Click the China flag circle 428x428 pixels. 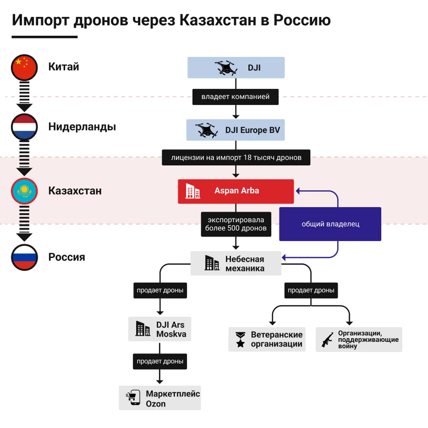pyautogui.click(x=24, y=67)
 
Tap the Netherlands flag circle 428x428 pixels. pyautogui.click(x=24, y=127)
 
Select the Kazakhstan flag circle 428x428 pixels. pyautogui.click(x=24, y=191)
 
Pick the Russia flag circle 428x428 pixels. pyautogui.click(x=24, y=257)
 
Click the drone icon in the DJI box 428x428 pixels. pyautogui.click(x=226, y=68)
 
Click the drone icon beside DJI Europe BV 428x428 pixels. pyautogui.click(x=207, y=130)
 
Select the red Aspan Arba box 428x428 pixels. pyautogui.click(x=236, y=191)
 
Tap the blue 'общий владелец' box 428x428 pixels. pyautogui.click(x=330, y=224)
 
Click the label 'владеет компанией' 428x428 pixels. pyautogui.click(x=235, y=97)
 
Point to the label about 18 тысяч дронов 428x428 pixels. pyautogui.click(x=236, y=157)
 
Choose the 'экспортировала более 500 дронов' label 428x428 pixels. pyautogui.click(x=236, y=224)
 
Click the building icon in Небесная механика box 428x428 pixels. pyautogui.click(x=212, y=263)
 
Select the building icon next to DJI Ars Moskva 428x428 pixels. pyautogui.click(x=143, y=328)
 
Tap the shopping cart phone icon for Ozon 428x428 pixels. pyautogui.click(x=133, y=397)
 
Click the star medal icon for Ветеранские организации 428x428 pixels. pyautogui.click(x=241, y=340)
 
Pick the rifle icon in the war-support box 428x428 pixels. pyautogui.click(x=327, y=340)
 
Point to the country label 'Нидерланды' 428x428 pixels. pyautogui.click(x=82, y=127)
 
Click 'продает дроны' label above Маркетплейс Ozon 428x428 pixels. pyautogui.click(x=160, y=361)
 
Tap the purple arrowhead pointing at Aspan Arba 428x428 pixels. pyautogui.click(x=298, y=191)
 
